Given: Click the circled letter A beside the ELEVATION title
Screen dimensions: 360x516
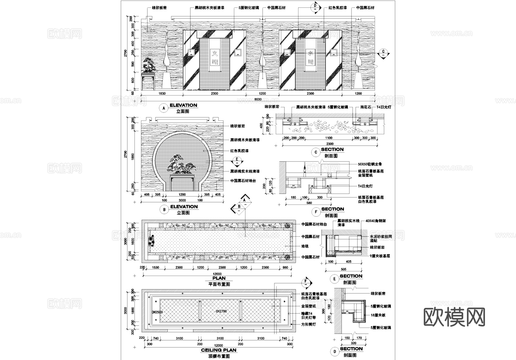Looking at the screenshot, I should tap(164, 108).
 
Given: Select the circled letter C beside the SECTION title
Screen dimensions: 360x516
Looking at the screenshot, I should tap(316, 152).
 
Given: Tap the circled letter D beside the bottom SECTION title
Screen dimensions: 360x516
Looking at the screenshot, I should tap(335, 351).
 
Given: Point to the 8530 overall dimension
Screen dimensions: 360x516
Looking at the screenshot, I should tap(258, 99).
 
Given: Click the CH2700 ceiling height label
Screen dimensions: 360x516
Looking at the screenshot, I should tap(221, 311).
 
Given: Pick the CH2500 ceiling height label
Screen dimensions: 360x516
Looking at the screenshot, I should tap(157, 312).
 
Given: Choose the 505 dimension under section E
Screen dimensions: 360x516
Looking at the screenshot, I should tap(343, 269).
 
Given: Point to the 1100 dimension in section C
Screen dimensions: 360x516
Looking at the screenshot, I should tap(329, 138).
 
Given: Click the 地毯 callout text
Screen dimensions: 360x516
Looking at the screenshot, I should tap(305, 246).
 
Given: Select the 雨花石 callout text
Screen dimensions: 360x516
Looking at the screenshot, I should tap(366, 107).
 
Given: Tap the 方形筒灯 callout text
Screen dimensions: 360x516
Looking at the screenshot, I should tap(308, 324).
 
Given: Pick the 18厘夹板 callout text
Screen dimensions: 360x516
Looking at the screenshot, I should tap(378, 315).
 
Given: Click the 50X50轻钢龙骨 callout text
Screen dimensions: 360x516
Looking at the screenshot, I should tap(370, 164).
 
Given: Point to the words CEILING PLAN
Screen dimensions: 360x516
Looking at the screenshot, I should tap(219, 350).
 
